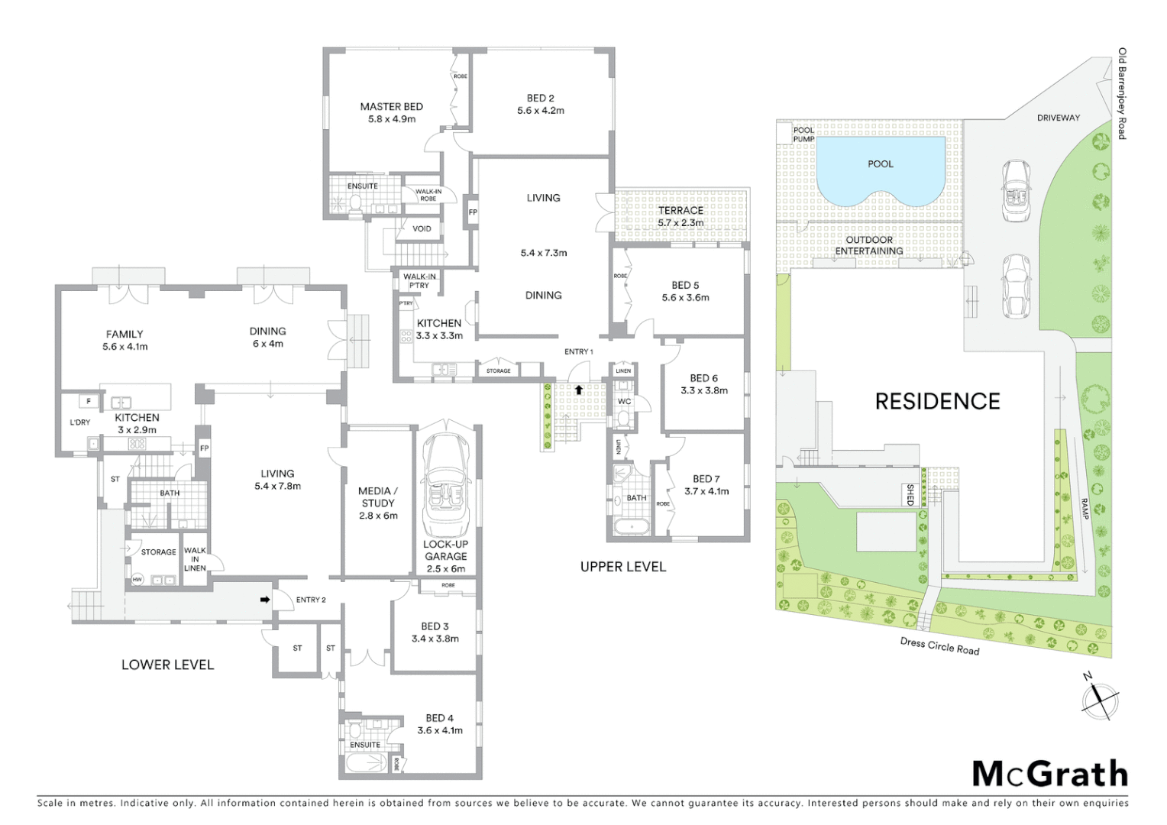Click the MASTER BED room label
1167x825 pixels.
391,107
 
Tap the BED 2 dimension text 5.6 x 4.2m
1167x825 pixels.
540,111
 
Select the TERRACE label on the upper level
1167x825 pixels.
680,210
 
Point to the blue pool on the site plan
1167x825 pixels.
880,172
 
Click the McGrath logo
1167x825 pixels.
1049,774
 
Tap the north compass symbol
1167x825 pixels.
1099,698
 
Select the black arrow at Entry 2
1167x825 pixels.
265,600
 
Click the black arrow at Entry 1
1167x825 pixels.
579,390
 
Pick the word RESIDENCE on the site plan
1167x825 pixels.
937,402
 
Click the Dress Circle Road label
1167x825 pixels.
939,646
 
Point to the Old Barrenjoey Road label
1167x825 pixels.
1122,93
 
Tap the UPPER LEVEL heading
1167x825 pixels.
622,567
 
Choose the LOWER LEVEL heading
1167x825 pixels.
167,665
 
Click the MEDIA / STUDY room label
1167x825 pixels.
378,497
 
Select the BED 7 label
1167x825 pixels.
706,479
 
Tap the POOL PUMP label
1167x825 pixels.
803,134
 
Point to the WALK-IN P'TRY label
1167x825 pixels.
419,281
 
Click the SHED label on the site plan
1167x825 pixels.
910,494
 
